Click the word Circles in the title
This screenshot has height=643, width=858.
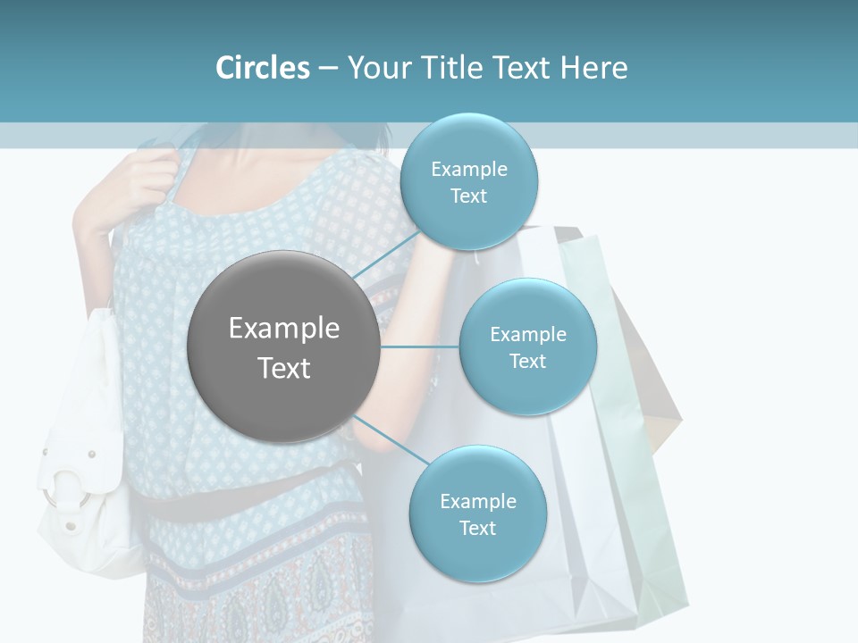coord(262,68)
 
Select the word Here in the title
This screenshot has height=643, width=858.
coord(593,68)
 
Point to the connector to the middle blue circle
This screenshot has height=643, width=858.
coord(419,347)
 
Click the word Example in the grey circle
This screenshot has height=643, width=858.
coord(284,329)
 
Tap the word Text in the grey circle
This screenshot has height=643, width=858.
coord(284,368)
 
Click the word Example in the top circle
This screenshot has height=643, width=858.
coord(468,170)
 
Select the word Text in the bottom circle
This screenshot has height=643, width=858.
coord(477,528)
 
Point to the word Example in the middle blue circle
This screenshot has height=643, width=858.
coord(527,335)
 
